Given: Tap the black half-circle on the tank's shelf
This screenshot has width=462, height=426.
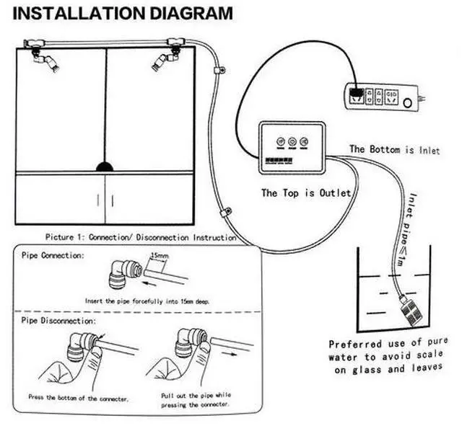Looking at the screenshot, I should pyautogui.click(x=105, y=167).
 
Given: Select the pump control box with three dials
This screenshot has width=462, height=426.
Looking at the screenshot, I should pyautogui.click(x=291, y=148).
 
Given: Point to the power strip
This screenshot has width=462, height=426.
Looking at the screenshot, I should pyautogui.click(x=380, y=96).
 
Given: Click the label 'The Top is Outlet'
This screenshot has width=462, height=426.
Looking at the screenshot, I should pyautogui.click(x=306, y=193).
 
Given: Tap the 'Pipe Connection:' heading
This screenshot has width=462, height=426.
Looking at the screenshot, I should pyautogui.click(x=52, y=256).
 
